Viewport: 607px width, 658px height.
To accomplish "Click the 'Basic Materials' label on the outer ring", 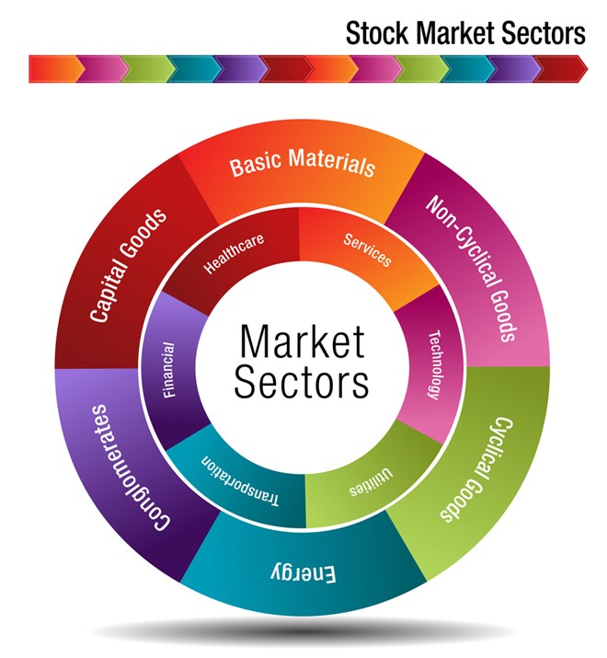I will click(x=303, y=164).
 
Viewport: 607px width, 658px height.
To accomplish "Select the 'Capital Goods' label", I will click(x=129, y=265).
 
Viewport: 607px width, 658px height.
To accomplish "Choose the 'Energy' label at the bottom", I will click(x=303, y=572).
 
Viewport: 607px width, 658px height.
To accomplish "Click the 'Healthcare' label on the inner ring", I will click(x=235, y=255).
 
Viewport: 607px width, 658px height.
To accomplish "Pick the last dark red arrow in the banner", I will click(x=560, y=68).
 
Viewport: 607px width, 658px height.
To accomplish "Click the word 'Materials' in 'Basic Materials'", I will click(x=331, y=164).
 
